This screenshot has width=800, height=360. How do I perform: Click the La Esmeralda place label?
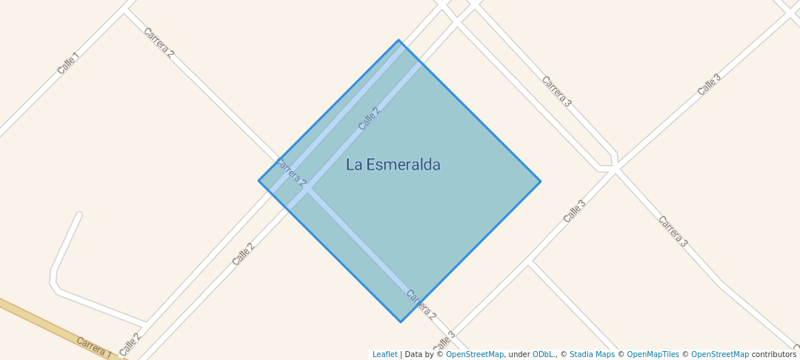pos(393,164)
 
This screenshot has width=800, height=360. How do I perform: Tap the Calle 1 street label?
pos(67,64)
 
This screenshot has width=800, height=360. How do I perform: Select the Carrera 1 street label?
pos(93,347)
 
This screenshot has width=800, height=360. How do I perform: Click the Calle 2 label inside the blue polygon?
pos(369,119)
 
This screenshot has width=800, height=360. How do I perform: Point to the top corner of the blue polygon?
pos(399,40)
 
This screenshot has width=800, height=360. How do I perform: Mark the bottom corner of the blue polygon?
pos(401,322)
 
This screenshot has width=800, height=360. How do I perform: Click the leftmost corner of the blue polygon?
pos(259,181)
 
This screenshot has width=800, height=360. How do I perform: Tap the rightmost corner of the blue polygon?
pos(540,181)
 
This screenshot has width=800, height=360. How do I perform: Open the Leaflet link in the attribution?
pos(384,355)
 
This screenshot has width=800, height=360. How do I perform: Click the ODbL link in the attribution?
pos(541,355)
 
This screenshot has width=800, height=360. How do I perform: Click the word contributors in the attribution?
pos(773,355)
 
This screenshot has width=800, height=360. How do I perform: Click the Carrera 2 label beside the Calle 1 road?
pos(159,43)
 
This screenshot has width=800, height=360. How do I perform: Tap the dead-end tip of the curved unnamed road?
pos(79,216)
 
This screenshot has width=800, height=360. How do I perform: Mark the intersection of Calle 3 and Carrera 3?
pos(615,170)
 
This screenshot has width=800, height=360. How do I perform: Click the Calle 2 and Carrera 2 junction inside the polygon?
pos(307,190)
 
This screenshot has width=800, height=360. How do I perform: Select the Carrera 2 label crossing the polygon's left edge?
pos(290,172)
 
